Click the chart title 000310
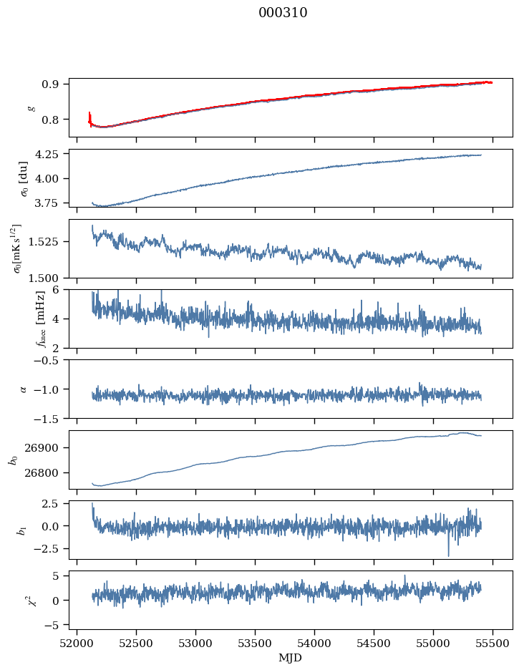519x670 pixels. coord(283,13)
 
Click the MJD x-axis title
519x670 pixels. coord(290,658)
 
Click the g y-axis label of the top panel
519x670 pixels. coord(31,107)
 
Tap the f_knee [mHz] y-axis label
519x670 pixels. coord(21,319)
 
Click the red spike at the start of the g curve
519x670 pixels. coord(89,116)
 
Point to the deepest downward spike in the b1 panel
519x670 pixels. coord(449,555)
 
